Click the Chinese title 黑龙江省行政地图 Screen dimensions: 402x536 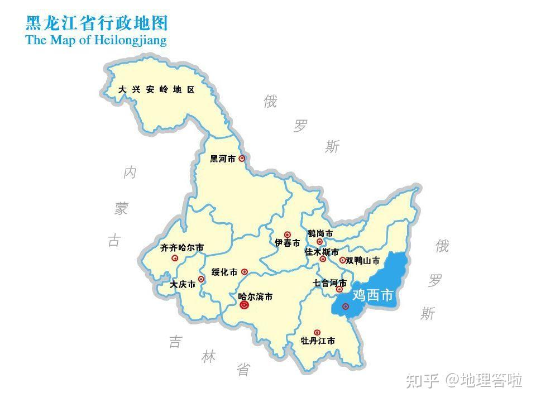(97, 23)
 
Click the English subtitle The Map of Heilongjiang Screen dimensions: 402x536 (96, 40)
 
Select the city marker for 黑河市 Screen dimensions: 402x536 (242, 159)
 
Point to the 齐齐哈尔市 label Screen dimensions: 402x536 (182, 247)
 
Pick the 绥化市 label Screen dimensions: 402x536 (224, 272)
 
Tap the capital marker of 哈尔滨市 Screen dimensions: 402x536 (243, 305)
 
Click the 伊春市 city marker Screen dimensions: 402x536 (288, 235)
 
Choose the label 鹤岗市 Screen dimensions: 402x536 (320, 233)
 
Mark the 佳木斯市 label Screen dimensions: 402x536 (322, 252)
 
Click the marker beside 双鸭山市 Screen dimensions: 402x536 (342, 260)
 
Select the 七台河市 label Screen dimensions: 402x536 (330, 283)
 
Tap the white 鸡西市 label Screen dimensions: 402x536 (373, 295)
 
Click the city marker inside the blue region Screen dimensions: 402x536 (346, 307)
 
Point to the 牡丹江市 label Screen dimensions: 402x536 (318, 341)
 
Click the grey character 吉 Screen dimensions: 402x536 (175, 342)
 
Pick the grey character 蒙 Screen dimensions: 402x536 (121, 209)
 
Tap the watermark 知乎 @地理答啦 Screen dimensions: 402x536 (464, 381)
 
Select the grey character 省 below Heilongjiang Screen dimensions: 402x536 (243, 370)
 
